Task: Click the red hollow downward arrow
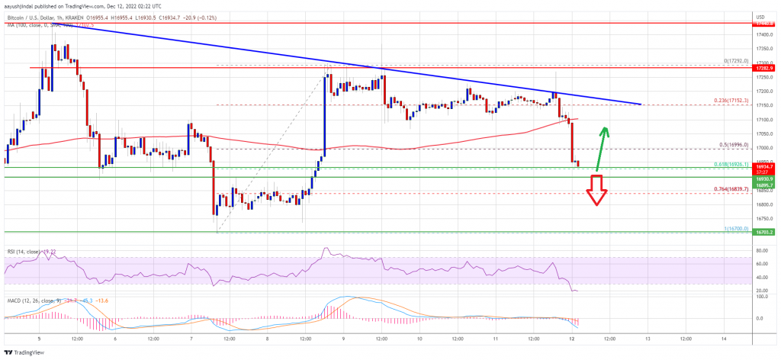[x=596, y=190]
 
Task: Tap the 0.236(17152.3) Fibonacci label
[x=731, y=101]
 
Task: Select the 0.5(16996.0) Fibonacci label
[x=734, y=146]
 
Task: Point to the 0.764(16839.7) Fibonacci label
[x=732, y=190]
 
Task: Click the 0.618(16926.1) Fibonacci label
[x=732, y=165]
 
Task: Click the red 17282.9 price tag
[x=765, y=68]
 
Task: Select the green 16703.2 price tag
[x=765, y=232]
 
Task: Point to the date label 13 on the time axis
[x=648, y=338]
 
